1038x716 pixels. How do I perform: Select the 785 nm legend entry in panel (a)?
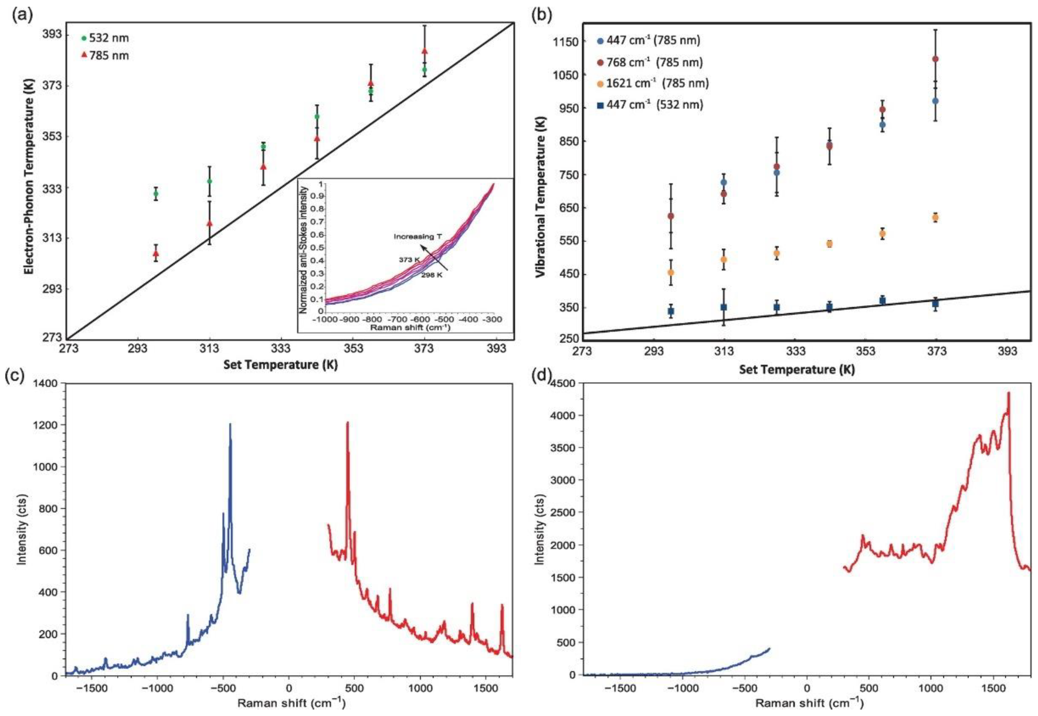(x=105, y=56)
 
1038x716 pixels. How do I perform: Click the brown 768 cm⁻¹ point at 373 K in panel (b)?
(x=935, y=59)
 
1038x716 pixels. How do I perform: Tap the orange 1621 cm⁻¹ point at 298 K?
(x=671, y=272)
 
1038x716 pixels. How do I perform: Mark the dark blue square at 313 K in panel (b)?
(x=724, y=307)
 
